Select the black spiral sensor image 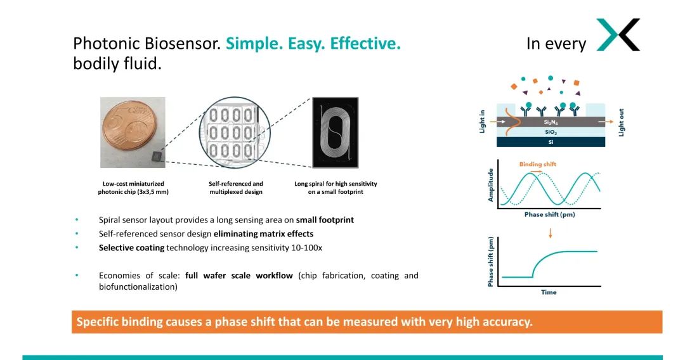pyautogui.click(x=336, y=132)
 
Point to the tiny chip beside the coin pyautogui.click(x=157, y=155)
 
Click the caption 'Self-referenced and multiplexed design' pyautogui.click(x=236, y=188)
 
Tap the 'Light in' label pyautogui.click(x=482, y=121)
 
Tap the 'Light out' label pyautogui.click(x=622, y=122)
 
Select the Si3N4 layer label pyautogui.click(x=551, y=122)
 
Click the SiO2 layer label pyautogui.click(x=551, y=132)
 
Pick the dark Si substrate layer pyautogui.click(x=551, y=143)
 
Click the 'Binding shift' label pyautogui.click(x=538, y=164)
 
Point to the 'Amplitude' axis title pyautogui.click(x=490, y=184)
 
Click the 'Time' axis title pyautogui.click(x=549, y=292)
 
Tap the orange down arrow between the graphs pyautogui.click(x=550, y=233)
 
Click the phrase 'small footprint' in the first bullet pyautogui.click(x=325, y=220)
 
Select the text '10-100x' pyautogui.click(x=307, y=248)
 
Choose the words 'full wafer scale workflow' pyautogui.click(x=239, y=276)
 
